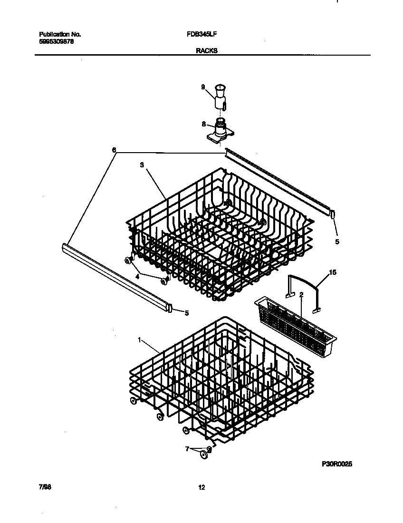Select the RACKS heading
click(206, 51)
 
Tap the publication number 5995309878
click(56, 41)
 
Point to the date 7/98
click(45, 487)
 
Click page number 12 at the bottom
click(201, 487)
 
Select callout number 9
click(203, 87)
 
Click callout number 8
click(203, 124)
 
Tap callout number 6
click(114, 150)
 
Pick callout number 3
click(142, 165)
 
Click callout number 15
click(333, 273)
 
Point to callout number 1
click(139, 340)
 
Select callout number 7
click(187, 448)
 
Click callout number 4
click(137, 276)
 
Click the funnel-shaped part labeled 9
click(221, 95)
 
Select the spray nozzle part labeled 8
click(220, 130)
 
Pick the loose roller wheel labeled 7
click(204, 455)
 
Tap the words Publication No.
click(59, 34)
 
